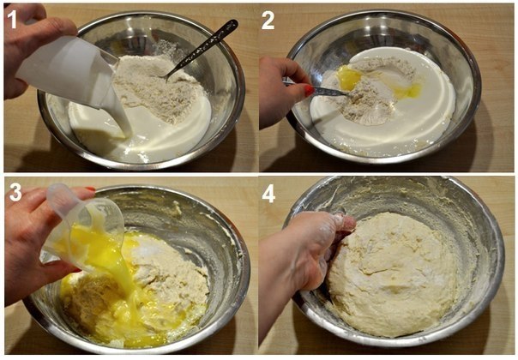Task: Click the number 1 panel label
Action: [11, 20]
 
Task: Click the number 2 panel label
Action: [268, 20]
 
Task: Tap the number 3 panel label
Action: [15, 193]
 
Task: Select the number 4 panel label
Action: [268, 194]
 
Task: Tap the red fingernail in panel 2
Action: [309, 90]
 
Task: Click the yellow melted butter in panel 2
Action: [350, 78]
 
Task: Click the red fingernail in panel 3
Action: [90, 189]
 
